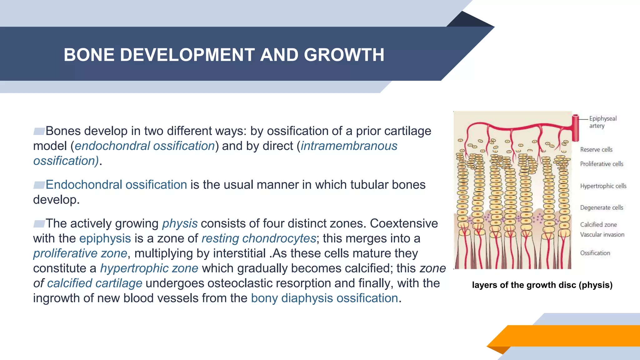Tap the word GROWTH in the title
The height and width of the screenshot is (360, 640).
point(344,55)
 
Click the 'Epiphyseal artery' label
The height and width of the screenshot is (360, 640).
point(602,122)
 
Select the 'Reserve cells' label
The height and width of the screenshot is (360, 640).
point(596,150)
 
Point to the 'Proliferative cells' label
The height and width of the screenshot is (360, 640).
point(601,164)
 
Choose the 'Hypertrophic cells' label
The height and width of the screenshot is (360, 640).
point(603,186)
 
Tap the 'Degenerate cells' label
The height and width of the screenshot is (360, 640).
point(601,208)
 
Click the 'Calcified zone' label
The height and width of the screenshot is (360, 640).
point(598,225)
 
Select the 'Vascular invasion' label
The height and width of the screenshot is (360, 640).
point(602,235)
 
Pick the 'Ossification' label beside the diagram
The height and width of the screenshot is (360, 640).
point(595,253)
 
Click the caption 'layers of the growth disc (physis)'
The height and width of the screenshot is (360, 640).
point(542,285)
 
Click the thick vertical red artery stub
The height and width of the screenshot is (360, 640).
point(575,128)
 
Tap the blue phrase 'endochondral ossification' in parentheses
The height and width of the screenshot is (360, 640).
point(145,146)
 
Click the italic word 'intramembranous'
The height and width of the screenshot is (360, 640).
point(349,146)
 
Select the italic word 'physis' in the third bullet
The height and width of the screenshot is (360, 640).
point(180,224)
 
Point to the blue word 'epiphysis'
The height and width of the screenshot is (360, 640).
point(105,238)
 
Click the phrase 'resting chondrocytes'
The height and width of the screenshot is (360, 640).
point(259,238)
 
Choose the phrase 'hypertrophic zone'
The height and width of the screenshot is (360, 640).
point(149,268)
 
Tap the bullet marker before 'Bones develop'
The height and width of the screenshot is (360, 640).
point(39,131)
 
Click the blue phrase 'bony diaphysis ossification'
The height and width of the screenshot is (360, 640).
point(324,298)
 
